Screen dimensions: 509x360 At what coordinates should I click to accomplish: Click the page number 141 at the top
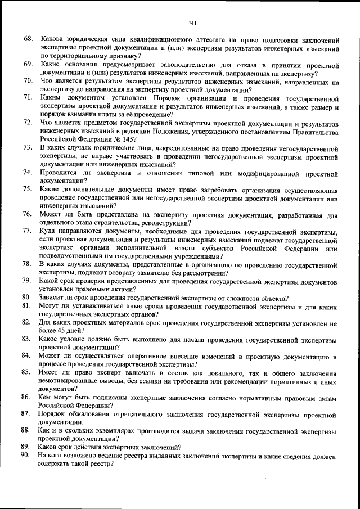tap(192, 23)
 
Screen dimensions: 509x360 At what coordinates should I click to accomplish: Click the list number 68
tap(28, 40)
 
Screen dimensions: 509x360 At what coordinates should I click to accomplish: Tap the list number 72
tap(28, 123)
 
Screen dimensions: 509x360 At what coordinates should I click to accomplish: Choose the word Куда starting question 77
tap(49, 232)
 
